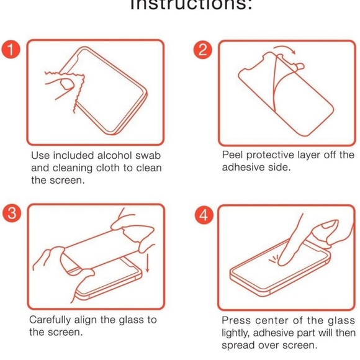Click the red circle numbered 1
(x=10, y=49)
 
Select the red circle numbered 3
(x=10, y=212)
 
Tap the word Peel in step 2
(x=233, y=155)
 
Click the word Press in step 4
(x=236, y=320)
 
